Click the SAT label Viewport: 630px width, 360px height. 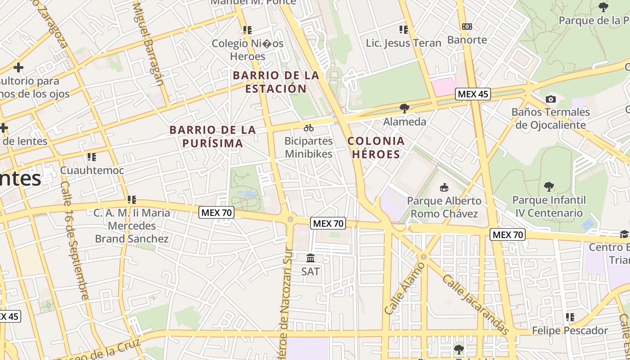[310, 271]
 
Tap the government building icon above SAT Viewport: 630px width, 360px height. [310, 258]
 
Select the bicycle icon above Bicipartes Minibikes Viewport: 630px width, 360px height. [309, 128]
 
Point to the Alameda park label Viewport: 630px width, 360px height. [405, 121]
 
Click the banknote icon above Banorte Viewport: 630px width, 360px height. [467, 27]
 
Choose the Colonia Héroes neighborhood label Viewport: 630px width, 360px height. [376, 148]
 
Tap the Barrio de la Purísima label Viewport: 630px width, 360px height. [212, 137]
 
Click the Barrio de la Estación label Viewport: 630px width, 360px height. [276, 82]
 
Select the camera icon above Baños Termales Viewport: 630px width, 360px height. [550, 99]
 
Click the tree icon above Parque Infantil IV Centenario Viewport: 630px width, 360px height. [549, 186]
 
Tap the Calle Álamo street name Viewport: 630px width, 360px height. [405, 288]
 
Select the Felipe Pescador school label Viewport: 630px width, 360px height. [570, 331]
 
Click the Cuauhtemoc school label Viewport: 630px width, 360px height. [92, 171]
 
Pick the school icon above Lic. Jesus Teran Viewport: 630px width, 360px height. [404, 30]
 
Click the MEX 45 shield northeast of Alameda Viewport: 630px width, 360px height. [472, 94]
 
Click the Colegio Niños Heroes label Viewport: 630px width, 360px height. [247, 50]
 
